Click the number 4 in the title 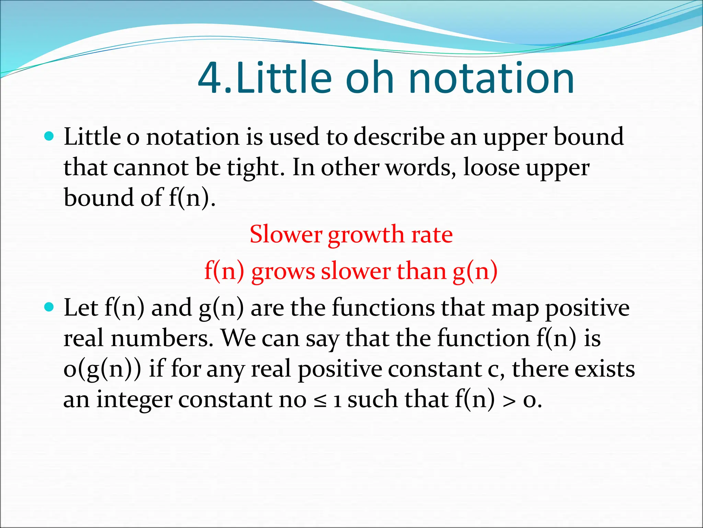click(210, 78)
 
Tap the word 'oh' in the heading click(369, 78)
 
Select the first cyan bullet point click(49, 136)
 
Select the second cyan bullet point click(49, 307)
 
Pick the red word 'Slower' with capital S click(286, 234)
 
